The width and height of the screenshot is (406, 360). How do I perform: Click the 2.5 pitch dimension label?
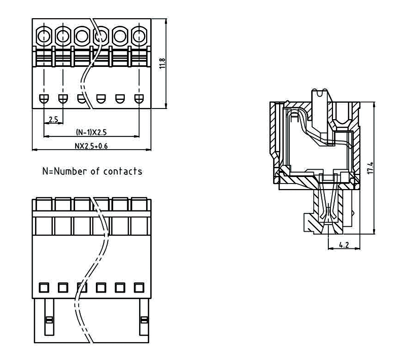(52, 120)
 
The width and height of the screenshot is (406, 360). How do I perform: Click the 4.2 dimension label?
(343, 245)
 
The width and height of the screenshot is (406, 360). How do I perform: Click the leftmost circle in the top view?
(44, 36)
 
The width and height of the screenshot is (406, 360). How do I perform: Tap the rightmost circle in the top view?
(139, 36)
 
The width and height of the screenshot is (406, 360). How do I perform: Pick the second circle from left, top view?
(62, 36)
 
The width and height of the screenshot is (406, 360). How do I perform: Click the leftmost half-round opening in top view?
(44, 98)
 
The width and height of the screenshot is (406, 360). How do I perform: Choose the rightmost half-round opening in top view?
(139, 98)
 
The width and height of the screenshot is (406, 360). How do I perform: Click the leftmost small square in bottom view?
(44, 287)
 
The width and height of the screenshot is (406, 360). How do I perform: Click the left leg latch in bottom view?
(49, 320)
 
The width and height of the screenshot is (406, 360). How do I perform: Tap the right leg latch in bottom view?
(144, 320)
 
